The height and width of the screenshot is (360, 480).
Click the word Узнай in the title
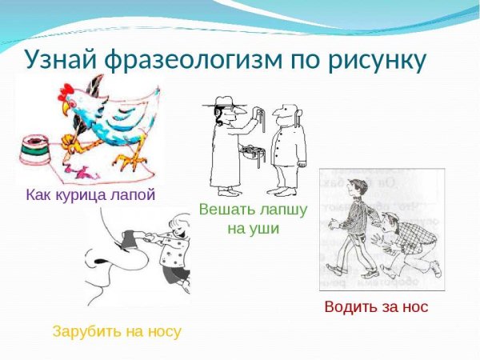click(61, 59)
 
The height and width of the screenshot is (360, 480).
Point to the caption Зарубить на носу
click(117, 330)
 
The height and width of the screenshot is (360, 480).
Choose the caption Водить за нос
click(376, 306)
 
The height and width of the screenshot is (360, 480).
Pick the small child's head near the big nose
click(177, 235)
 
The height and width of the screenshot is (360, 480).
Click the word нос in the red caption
click(414, 306)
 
